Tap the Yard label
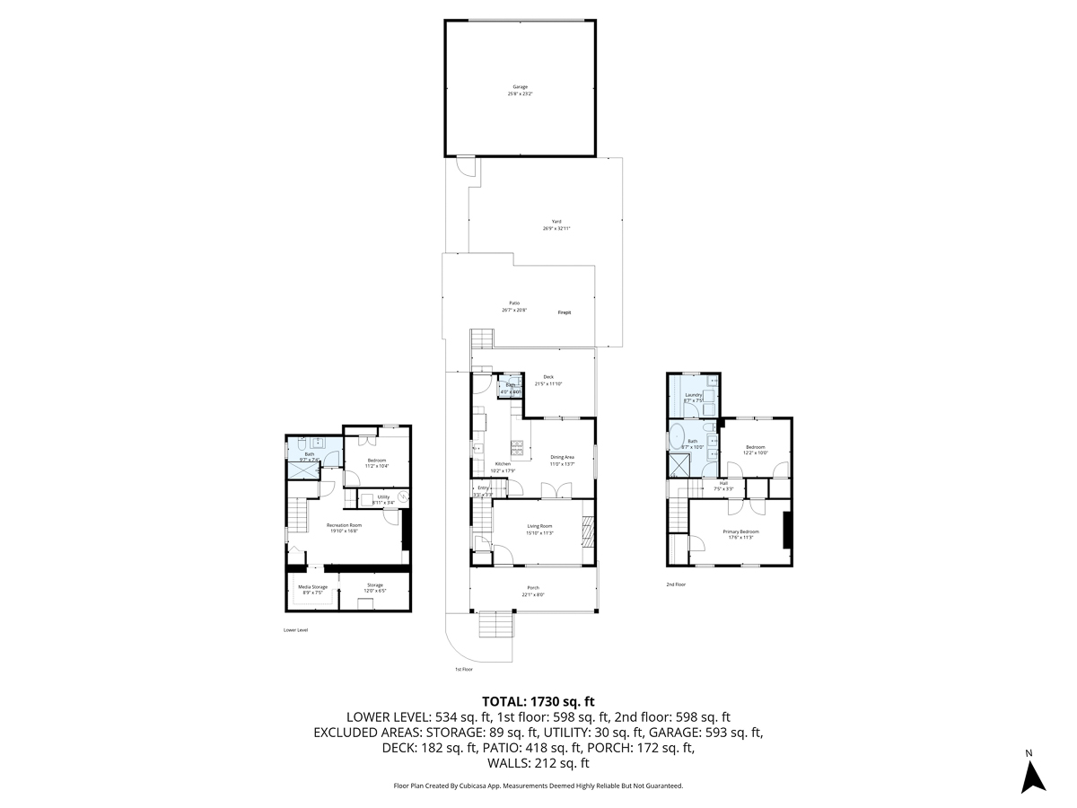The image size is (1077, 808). tap(556, 224)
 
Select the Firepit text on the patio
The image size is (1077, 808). tap(565, 312)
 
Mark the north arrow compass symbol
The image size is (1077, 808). tap(1035, 774)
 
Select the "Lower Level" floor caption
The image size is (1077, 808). tap(295, 630)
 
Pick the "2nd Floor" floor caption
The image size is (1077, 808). tap(676, 584)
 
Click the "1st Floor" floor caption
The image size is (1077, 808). tap(463, 670)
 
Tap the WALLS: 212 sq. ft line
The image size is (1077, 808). tap(538, 764)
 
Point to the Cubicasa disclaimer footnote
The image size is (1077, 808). tap(538, 786)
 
